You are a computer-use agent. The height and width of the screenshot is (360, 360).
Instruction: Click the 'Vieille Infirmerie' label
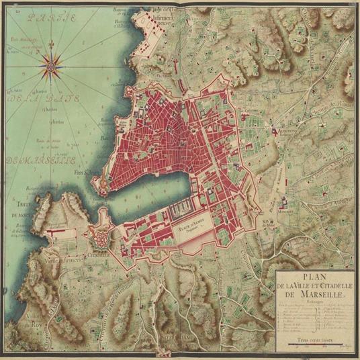pos(62,260)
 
